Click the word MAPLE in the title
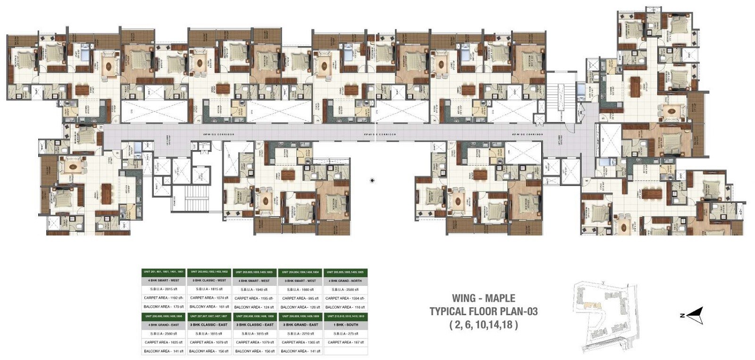[498, 298]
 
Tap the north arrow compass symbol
[695, 315]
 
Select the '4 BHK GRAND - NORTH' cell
[345, 281]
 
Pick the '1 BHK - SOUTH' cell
[345, 325]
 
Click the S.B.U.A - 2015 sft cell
[164, 289]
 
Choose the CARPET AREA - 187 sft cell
[345, 342]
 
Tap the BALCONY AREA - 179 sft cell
[164, 307]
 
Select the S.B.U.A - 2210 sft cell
[300, 333]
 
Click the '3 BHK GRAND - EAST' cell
[300, 325]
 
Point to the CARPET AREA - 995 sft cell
[300, 298]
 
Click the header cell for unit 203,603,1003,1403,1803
[254, 272]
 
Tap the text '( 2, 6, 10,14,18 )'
[484, 324]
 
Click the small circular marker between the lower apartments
[372, 180]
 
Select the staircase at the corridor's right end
[561, 99]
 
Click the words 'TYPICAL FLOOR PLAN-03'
[484, 311]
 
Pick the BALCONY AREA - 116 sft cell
[345, 307]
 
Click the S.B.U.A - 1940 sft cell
[254, 289]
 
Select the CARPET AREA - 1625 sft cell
[164, 342]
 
